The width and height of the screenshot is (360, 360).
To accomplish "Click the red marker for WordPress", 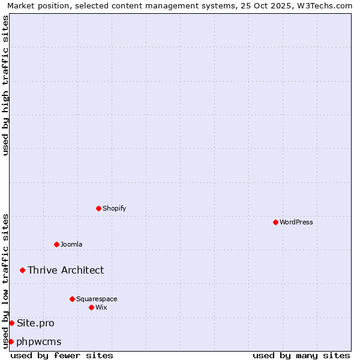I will pos(275,222).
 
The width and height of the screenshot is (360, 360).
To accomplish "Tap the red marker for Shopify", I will pos(98,208).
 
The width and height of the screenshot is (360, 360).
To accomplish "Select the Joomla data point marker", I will pos(56,244).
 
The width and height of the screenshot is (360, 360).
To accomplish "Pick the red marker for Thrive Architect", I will pos(22,270).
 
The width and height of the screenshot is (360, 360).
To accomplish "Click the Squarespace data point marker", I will pos(72,299).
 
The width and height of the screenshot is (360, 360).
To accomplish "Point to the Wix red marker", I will pos(91,307).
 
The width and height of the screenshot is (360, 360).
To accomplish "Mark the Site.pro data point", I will pos(11,323).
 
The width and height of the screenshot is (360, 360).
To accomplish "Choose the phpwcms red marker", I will pos(11,341).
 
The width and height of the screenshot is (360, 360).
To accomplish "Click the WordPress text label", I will pos(296,222).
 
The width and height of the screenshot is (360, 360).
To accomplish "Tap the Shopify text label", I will pos(115,208).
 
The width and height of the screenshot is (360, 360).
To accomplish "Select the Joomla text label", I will pos(71,244).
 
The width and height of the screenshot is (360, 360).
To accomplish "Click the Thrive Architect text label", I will pos(65,270).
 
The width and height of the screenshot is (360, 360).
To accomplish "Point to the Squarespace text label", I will pos(97,299).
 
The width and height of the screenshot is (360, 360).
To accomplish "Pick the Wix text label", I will pos(101,307).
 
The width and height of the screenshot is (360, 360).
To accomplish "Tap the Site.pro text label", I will pos(35,323).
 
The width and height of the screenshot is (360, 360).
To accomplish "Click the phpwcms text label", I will pos(39,341).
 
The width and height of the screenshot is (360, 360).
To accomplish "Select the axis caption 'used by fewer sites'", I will pos(62,355).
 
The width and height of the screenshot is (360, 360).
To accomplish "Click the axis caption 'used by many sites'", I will pos(301,355).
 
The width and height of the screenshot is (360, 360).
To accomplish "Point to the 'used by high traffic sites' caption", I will pos(5,85).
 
